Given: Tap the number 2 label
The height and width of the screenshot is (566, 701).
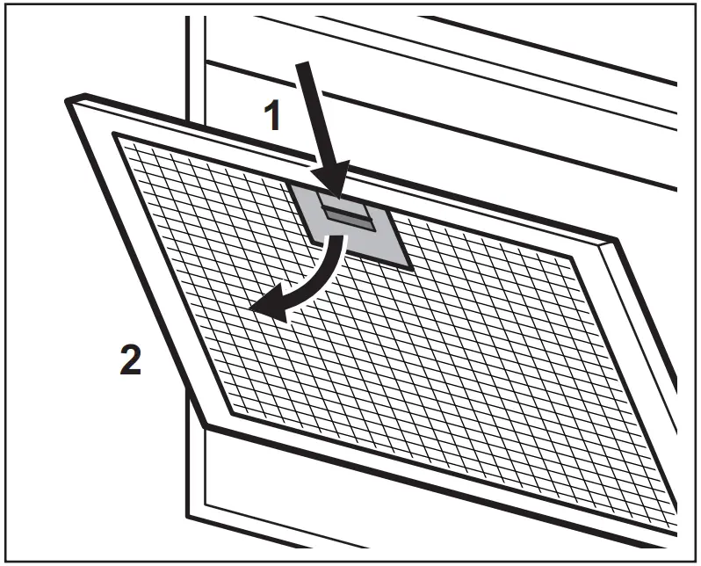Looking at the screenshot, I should click(x=129, y=360).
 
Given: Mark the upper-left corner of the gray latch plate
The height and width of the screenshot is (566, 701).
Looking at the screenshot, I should click(x=292, y=185).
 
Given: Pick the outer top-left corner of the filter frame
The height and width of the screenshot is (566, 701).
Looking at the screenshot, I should click(x=68, y=99).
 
